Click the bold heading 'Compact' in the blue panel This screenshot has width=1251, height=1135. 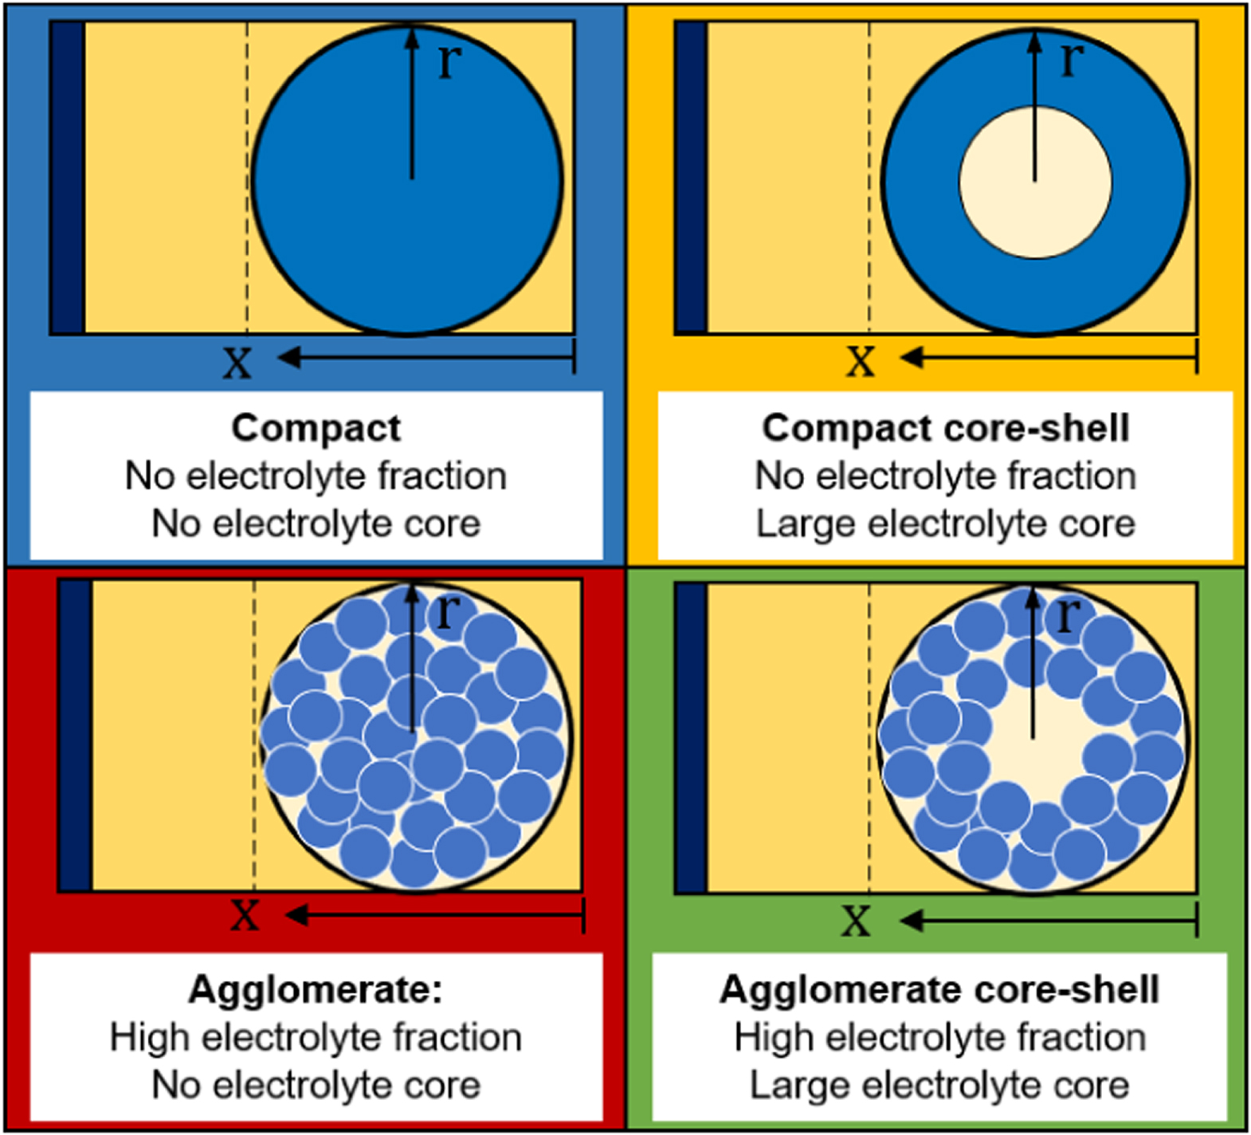(316, 428)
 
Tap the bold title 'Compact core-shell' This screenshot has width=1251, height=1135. (945, 428)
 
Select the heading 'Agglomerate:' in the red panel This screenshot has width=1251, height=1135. (316, 990)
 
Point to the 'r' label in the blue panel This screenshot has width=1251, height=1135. (449, 60)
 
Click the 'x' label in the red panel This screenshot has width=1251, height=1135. (245, 914)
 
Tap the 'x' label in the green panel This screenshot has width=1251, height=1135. (856, 921)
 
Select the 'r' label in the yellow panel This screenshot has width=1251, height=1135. (1072, 58)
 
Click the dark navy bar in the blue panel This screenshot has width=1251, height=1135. (69, 177)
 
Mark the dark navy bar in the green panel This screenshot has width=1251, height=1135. (691, 738)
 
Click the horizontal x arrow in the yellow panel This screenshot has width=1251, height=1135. (1052, 358)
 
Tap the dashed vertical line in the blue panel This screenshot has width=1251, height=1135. (247, 199)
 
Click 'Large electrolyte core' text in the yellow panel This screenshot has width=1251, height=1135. (945, 524)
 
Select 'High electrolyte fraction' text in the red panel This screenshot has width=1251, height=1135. (316, 1038)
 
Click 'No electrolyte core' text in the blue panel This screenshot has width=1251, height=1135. (316, 524)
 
